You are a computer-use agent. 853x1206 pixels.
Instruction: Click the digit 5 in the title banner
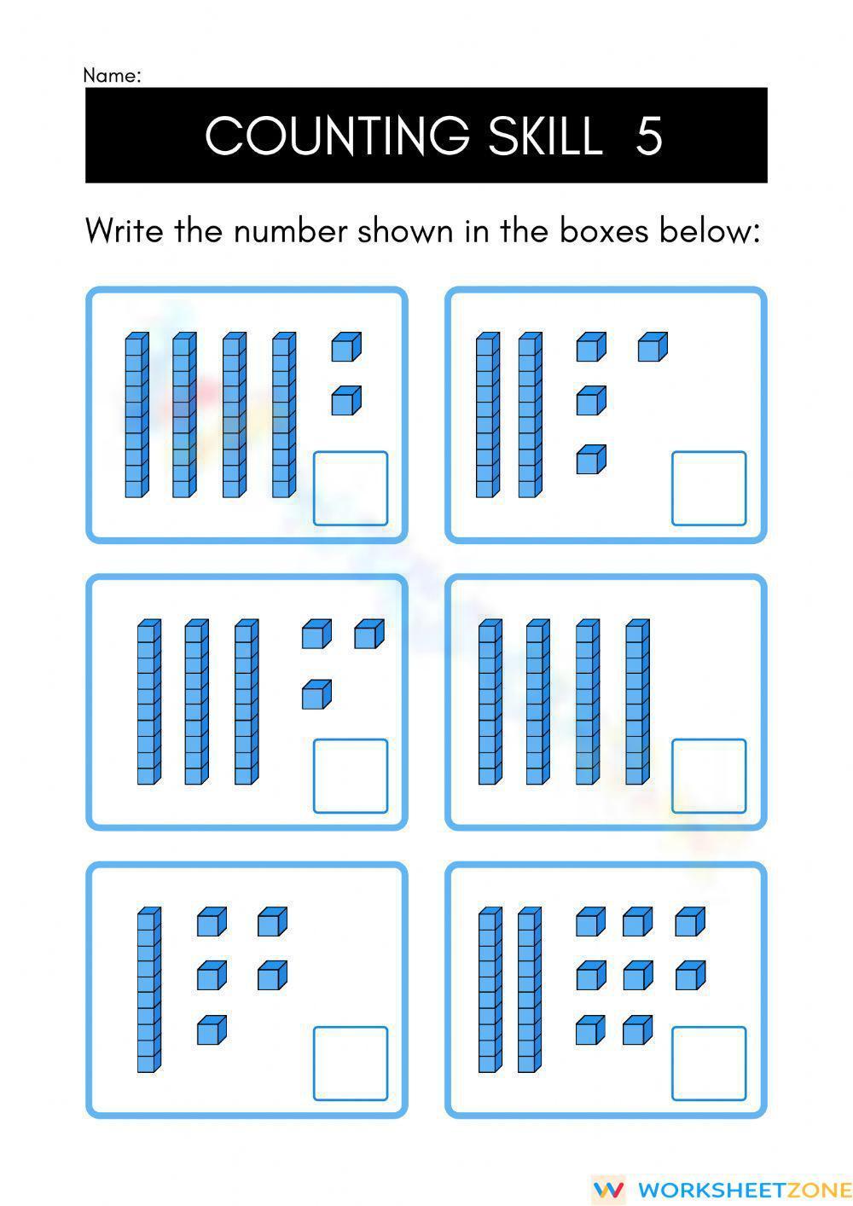(x=649, y=136)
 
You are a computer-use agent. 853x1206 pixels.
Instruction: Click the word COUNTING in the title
(x=337, y=136)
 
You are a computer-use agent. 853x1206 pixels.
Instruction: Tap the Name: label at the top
(x=112, y=76)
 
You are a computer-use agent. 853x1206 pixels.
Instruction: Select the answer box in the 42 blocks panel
(x=351, y=489)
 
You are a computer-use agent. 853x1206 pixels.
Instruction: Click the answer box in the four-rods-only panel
(x=709, y=776)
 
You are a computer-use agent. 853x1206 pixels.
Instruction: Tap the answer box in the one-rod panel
(x=351, y=1064)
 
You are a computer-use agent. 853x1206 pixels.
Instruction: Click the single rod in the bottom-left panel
(x=148, y=989)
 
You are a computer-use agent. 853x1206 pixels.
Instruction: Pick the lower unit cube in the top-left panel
(x=345, y=401)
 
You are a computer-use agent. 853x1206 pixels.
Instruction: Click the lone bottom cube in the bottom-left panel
(x=212, y=1030)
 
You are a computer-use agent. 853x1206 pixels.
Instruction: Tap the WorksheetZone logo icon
(x=607, y=1189)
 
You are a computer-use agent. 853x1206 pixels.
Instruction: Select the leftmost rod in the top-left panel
(x=136, y=415)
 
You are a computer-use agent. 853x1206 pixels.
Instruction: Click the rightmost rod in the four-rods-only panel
(x=636, y=702)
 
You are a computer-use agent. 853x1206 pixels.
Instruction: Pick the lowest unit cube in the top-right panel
(x=590, y=460)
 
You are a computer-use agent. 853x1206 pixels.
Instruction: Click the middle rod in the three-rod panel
(x=196, y=702)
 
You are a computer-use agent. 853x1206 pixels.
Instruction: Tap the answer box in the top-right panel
(x=709, y=489)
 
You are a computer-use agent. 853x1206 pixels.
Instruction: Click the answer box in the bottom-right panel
(x=709, y=1064)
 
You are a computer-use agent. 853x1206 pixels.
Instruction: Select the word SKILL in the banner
(x=546, y=136)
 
